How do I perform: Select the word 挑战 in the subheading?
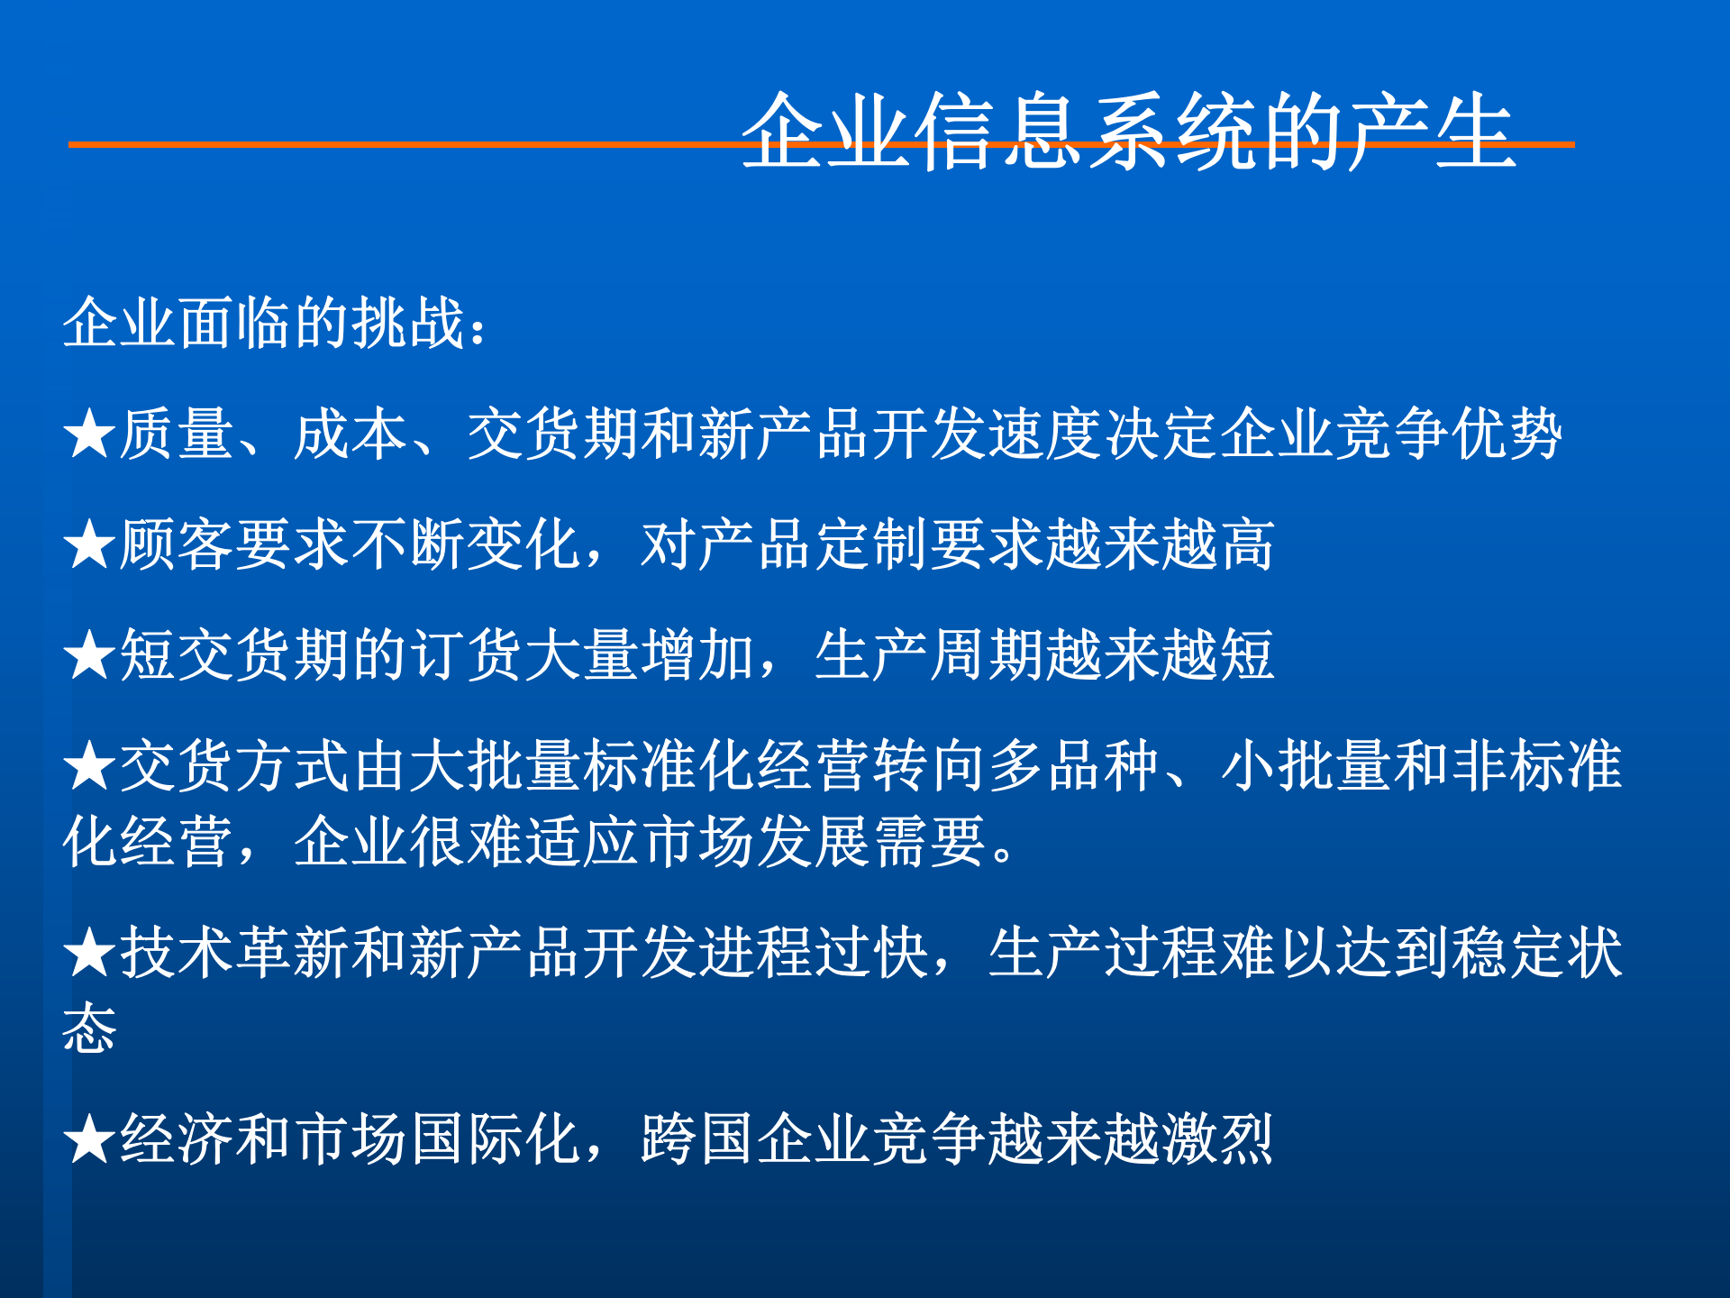(x=407, y=323)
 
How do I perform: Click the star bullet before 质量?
(x=89, y=434)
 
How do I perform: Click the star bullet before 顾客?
(x=89, y=545)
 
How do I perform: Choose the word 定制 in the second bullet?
(x=872, y=545)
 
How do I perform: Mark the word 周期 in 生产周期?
(x=986, y=655)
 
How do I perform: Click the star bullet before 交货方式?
(x=89, y=767)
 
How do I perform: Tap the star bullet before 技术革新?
(x=89, y=954)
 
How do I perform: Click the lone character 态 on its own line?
(x=89, y=1028)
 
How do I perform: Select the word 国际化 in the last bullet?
(x=496, y=1139)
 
